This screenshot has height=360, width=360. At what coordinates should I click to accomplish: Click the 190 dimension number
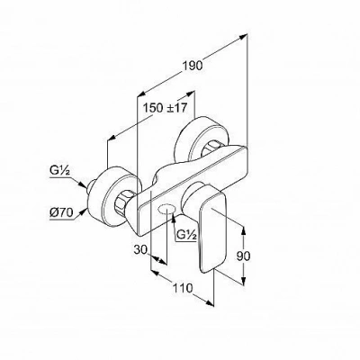192,66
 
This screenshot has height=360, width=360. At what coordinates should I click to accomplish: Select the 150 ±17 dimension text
165,108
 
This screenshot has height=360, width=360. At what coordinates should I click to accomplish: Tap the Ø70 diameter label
61,213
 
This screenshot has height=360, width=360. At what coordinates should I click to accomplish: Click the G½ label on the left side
59,171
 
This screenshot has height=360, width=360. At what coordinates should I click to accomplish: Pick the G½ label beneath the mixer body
186,235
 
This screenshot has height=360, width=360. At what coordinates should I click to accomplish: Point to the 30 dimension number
140,249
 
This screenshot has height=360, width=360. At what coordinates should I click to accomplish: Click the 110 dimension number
182,288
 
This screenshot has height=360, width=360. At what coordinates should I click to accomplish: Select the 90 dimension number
243,256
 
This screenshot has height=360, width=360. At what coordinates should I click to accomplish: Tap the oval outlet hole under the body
166,209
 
